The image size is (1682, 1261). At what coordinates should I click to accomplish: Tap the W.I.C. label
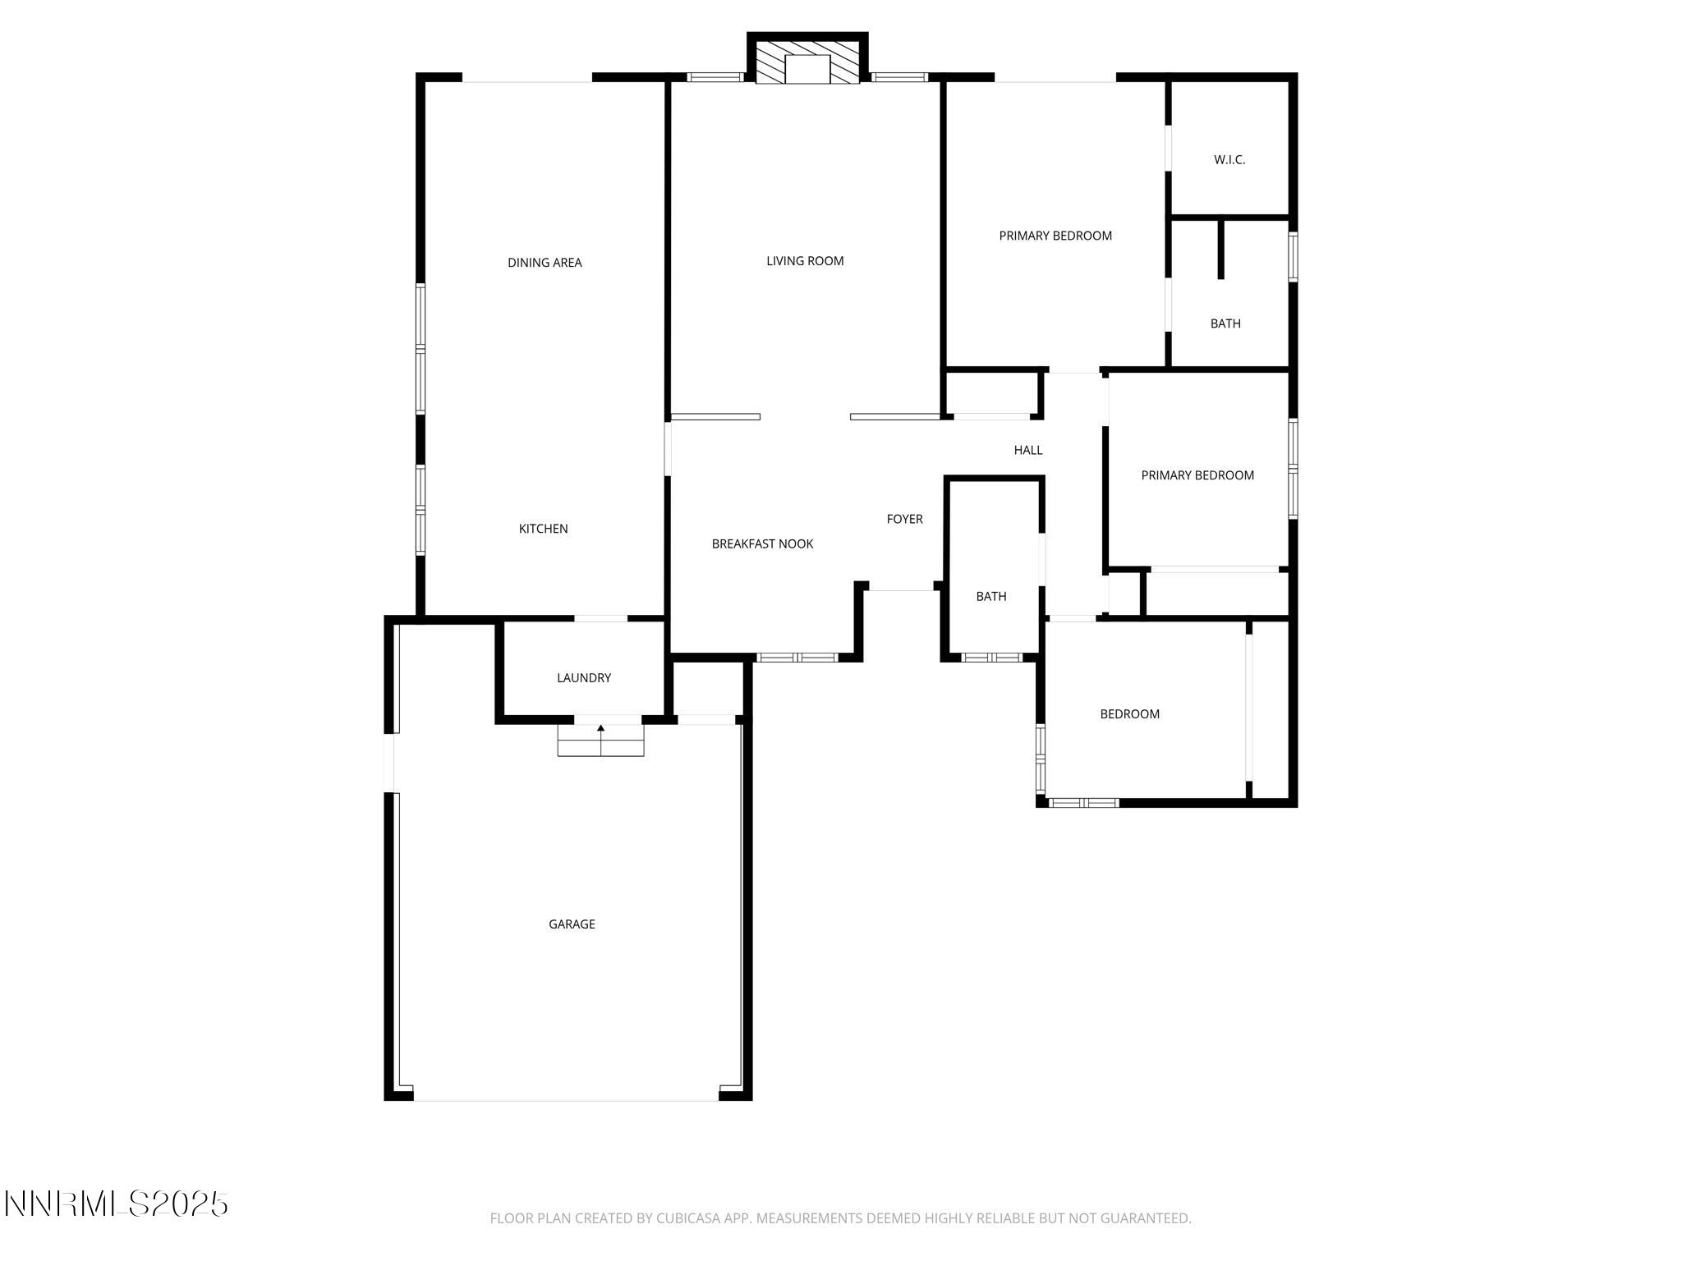point(1229,160)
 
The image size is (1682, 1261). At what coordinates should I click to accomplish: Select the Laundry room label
point(584,678)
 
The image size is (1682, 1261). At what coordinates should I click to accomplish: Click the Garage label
point(572,924)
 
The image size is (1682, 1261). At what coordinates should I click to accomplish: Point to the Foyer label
point(904,519)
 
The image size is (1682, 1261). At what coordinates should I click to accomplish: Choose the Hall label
point(1027,450)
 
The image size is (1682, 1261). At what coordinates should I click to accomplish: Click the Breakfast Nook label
point(762,543)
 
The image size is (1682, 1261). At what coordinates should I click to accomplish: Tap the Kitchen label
point(543,529)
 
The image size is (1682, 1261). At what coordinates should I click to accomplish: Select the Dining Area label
point(545,263)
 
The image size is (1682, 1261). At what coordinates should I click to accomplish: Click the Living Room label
point(805,261)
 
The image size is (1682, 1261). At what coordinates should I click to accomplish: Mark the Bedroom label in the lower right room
point(1129,714)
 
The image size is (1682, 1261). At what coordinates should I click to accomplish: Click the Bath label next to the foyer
point(990,597)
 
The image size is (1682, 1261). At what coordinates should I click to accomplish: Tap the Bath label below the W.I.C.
point(1225,323)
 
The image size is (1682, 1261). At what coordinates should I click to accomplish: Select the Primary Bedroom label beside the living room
point(1055,236)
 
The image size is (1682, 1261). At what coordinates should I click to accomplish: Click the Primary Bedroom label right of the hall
point(1197,475)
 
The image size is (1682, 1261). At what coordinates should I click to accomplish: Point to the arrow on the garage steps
point(600,728)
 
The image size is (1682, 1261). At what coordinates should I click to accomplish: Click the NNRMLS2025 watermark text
point(116,1204)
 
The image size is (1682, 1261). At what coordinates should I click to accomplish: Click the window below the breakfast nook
point(796,658)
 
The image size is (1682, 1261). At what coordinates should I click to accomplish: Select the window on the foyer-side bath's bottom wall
point(991,658)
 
